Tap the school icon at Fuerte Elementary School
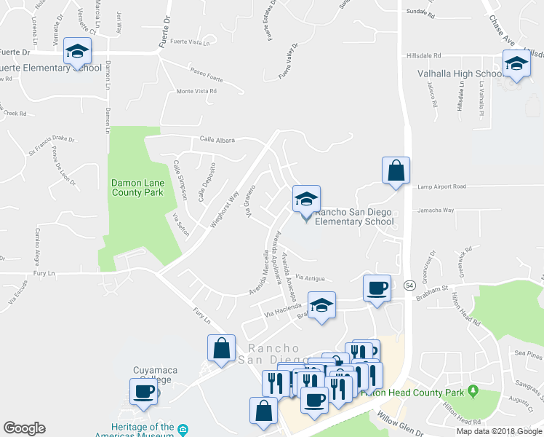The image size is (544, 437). point(77,51)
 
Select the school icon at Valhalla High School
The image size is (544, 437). point(516,63)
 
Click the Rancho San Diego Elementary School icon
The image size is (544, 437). point(307,198)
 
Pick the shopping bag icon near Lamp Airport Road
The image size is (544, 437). point(396,171)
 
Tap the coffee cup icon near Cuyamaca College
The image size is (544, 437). point(143,393)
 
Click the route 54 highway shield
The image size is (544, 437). point(409,286)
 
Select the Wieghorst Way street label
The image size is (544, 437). point(225,210)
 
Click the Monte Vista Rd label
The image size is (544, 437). point(196,92)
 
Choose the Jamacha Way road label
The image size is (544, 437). point(435,210)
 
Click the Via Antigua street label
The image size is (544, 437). point(310,277)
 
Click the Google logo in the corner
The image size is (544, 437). point(24,428)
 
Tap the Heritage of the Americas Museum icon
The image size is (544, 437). point(183,428)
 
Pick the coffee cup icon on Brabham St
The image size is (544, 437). point(377,288)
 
